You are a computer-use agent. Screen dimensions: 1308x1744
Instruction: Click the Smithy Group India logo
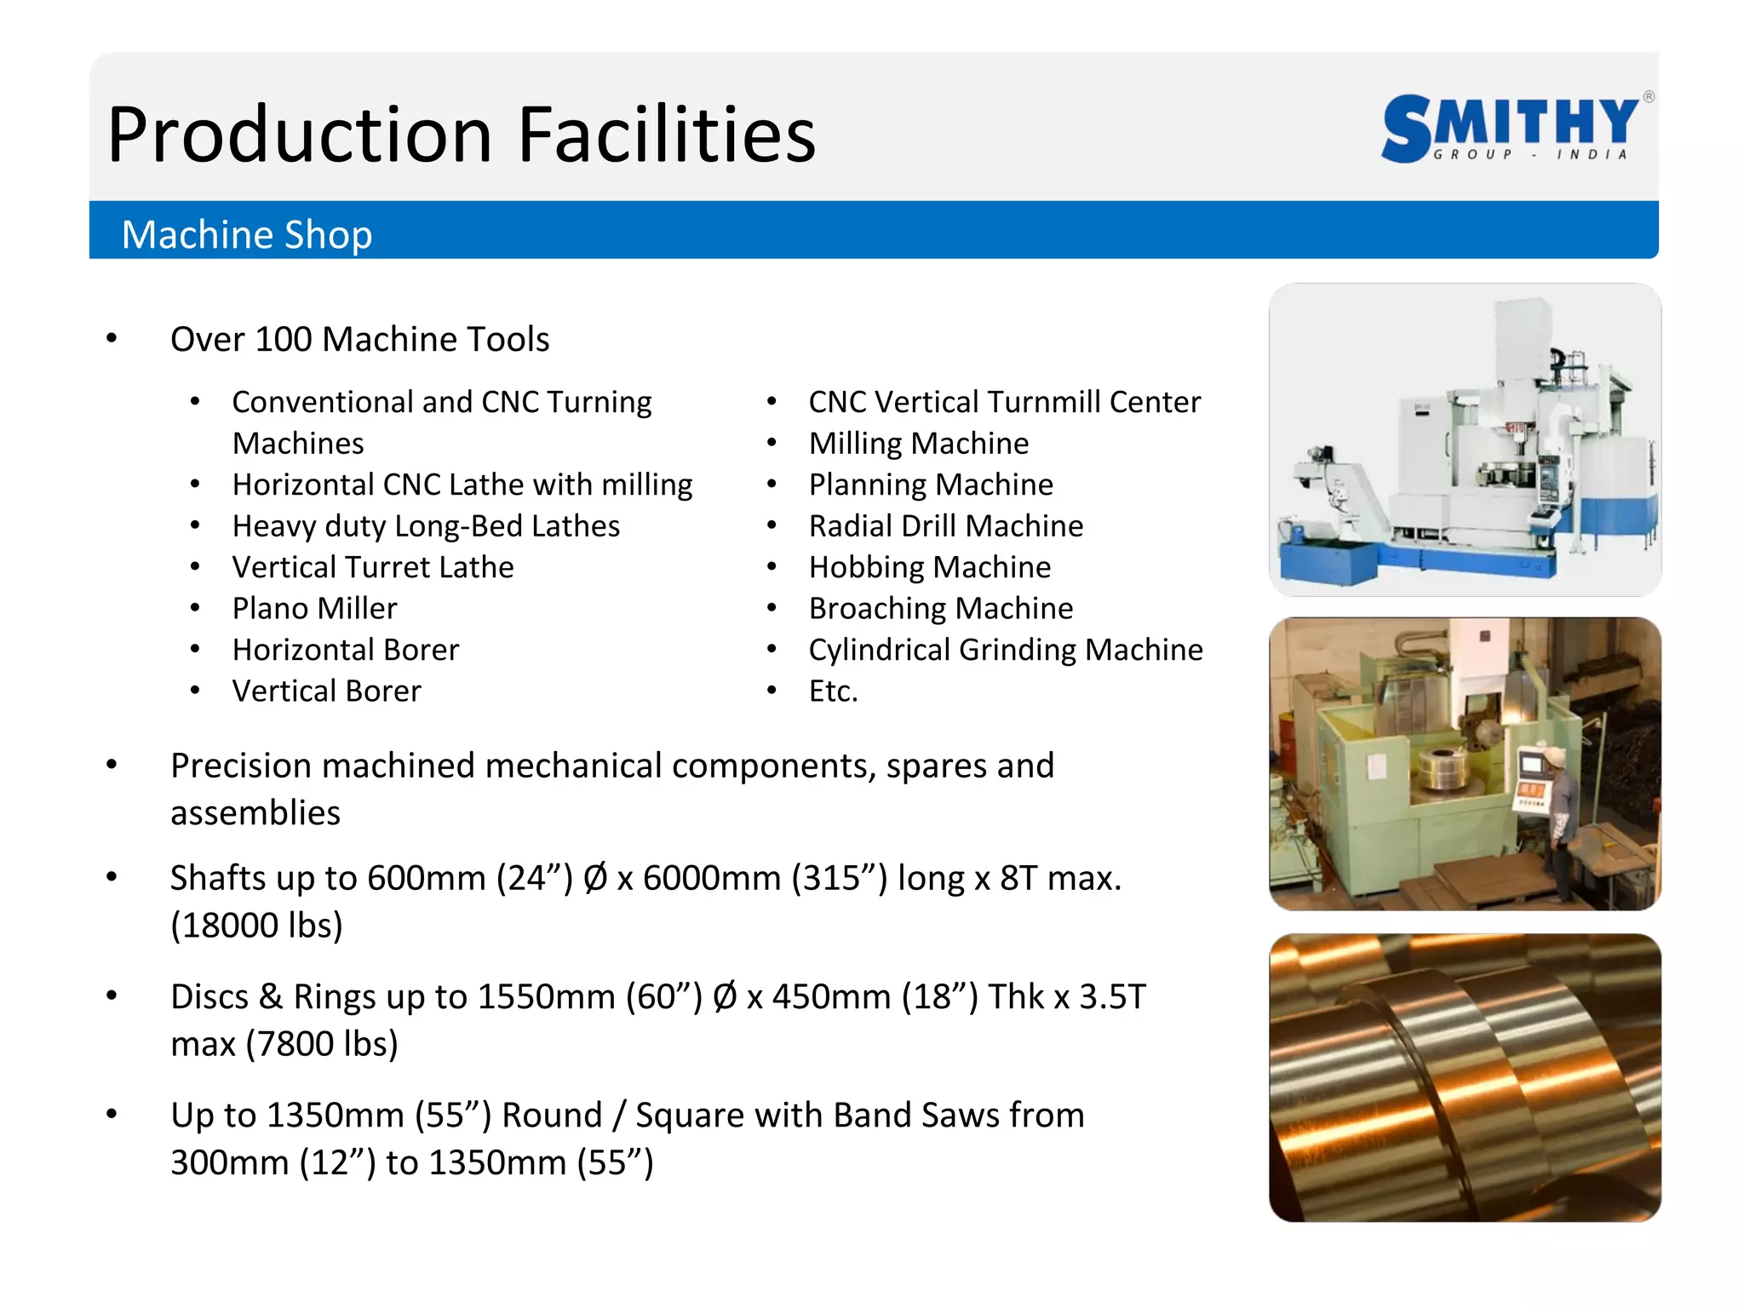(x=1512, y=128)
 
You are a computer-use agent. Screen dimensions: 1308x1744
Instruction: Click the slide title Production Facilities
(x=461, y=135)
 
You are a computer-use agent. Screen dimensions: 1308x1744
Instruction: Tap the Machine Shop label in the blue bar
(x=247, y=234)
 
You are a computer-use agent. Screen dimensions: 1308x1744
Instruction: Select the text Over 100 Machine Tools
(x=359, y=339)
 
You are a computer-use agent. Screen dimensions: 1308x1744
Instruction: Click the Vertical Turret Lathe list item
(x=373, y=567)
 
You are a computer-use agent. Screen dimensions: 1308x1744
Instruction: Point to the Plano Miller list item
(x=314, y=608)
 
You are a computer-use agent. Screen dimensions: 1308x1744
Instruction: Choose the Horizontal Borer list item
(x=346, y=650)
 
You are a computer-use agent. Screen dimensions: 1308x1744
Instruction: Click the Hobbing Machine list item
(x=929, y=567)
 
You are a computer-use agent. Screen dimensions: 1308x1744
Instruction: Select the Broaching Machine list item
(x=940, y=608)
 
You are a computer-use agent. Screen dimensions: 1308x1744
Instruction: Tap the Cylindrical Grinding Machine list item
(x=1005, y=650)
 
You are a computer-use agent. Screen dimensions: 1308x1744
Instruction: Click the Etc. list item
(x=833, y=691)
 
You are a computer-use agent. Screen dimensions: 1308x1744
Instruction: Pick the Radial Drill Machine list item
(x=945, y=526)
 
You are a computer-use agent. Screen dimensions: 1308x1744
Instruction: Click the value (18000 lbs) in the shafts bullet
(x=256, y=925)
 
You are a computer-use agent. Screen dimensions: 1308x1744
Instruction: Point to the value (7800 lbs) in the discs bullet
(x=322, y=1043)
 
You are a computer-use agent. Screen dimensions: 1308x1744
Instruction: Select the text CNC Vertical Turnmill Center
(x=1004, y=402)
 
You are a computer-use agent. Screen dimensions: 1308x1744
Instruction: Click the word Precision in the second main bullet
(x=237, y=766)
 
